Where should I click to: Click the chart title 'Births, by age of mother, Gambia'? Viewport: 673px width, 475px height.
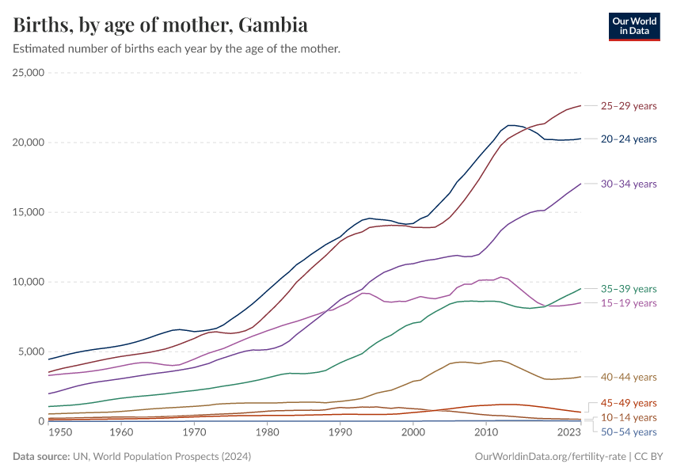(x=161, y=25)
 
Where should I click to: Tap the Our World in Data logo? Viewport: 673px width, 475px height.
(x=633, y=26)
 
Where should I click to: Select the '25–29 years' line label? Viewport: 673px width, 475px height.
(x=629, y=105)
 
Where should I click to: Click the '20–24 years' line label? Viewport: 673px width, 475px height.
(x=629, y=139)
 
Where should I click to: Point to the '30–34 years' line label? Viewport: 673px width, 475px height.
(x=629, y=184)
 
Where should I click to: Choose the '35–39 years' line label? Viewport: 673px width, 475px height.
(x=629, y=289)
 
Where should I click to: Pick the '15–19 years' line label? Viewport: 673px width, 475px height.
(x=629, y=303)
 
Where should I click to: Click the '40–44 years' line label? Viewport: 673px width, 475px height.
(x=629, y=377)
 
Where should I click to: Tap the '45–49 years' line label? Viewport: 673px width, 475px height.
(x=629, y=403)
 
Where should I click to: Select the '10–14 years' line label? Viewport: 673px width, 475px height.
(x=629, y=417)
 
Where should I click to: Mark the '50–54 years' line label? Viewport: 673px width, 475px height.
(x=629, y=431)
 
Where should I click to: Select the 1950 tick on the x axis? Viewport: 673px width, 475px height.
(x=59, y=433)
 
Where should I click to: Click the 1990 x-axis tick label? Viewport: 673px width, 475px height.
(x=340, y=433)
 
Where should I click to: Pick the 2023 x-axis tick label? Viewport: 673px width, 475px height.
(x=568, y=433)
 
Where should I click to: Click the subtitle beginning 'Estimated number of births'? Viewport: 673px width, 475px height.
(x=177, y=49)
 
